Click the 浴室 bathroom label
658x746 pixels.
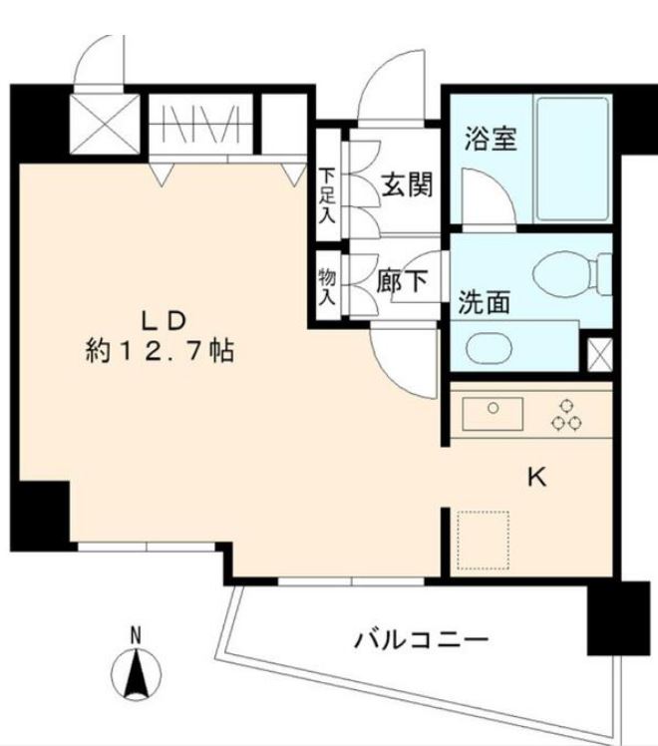tap(490, 139)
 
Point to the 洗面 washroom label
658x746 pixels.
tap(484, 303)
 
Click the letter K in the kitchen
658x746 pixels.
tap(536, 478)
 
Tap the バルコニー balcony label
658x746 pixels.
tap(422, 639)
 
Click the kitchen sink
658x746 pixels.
tap(493, 410)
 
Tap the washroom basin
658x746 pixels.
tap(490, 348)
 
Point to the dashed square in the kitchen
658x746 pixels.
tap(482, 541)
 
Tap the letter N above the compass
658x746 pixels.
tap(137, 634)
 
